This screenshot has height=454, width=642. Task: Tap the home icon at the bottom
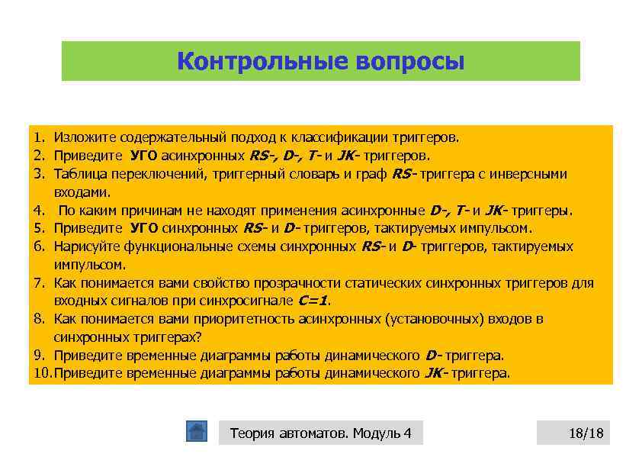pos(197,432)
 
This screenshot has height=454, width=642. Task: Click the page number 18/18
pos(585,433)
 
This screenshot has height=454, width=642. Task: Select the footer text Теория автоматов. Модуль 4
pos(320,433)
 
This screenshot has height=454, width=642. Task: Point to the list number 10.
pos(42,374)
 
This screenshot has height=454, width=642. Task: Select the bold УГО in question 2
pos(145,156)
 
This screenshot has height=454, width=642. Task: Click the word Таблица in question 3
pos(79,174)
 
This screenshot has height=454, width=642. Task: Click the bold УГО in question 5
pos(145,228)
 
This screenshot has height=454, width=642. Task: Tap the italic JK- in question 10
pos(435,374)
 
